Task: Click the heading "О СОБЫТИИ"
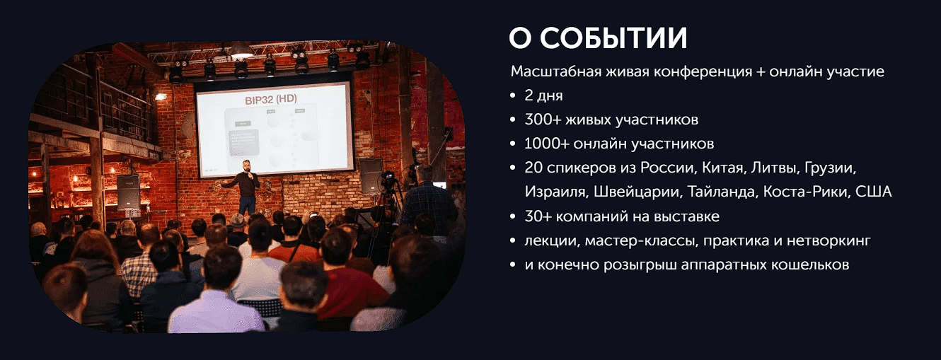[x=598, y=39]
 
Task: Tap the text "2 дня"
[x=543, y=95]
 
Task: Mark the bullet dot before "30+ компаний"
[x=513, y=216]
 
